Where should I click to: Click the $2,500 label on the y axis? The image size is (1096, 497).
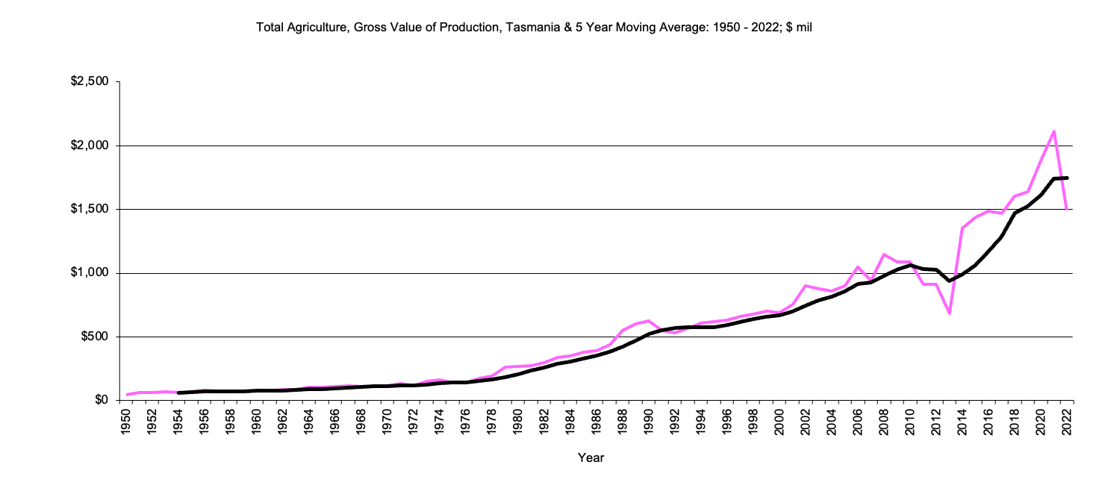(90, 82)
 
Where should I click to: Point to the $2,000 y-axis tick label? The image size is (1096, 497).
(90, 146)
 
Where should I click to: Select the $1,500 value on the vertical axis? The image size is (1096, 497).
(90, 210)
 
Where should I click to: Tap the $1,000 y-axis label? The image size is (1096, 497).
(90, 273)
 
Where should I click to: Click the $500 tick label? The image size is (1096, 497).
(95, 337)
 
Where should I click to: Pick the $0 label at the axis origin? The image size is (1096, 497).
(101, 401)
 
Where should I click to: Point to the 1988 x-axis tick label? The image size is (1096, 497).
(622, 422)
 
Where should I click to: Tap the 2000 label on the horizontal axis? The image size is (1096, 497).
(779, 422)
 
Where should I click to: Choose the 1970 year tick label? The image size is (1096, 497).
(387, 422)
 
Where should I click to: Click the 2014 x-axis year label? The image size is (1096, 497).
(962, 422)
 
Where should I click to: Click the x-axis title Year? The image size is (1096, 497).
(591, 457)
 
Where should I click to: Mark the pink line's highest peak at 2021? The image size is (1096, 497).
(1053, 131)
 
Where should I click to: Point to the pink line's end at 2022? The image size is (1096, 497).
(1067, 210)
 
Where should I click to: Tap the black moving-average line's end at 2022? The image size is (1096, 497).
(1067, 178)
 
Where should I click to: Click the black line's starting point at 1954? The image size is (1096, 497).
(178, 393)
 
